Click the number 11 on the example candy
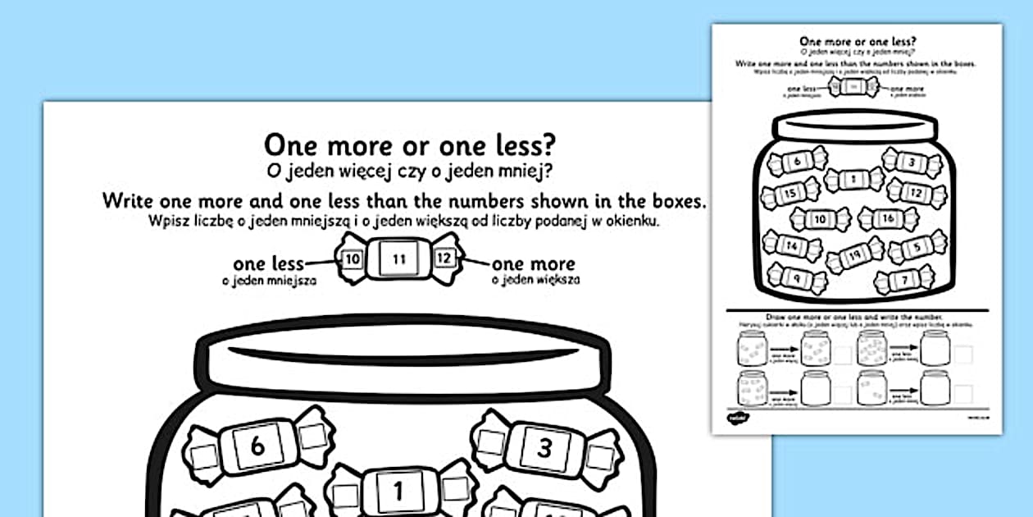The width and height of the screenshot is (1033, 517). (x=398, y=259)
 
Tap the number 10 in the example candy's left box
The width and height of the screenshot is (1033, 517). (x=353, y=258)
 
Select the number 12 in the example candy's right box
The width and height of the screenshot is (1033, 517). (x=444, y=258)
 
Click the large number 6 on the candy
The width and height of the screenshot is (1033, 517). (x=257, y=446)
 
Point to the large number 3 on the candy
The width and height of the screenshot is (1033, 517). (x=545, y=446)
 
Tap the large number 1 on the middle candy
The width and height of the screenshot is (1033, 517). (x=399, y=492)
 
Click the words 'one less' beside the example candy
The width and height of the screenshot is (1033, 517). (x=268, y=264)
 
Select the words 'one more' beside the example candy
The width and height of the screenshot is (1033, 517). (x=533, y=264)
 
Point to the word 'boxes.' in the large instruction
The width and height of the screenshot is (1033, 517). (x=674, y=202)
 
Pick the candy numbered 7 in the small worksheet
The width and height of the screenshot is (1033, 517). (x=905, y=281)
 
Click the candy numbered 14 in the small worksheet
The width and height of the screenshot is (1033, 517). (x=791, y=244)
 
